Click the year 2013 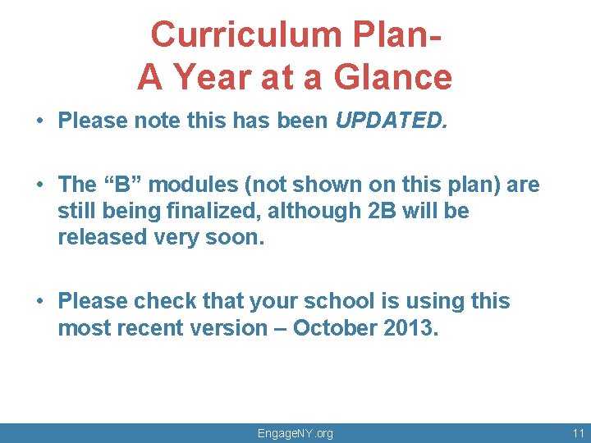pyautogui.click(x=411, y=328)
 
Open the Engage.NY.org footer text pyautogui.click(x=295, y=433)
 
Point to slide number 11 pyautogui.click(x=578, y=433)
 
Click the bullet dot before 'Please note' pyautogui.click(x=39, y=121)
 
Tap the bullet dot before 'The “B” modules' pyautogui.click(x=39, y=185)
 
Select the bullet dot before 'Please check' pyautogui.click(x=39, y=302)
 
